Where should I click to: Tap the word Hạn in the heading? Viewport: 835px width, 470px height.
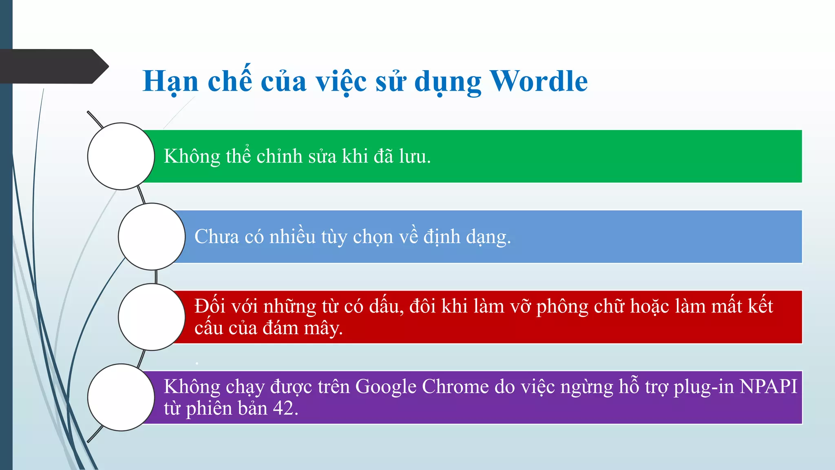[170, 81]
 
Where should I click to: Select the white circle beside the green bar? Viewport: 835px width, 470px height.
[121, 156]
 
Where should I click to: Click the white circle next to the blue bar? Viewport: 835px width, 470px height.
[152, 237]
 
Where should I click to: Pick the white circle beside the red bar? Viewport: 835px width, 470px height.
[152, 317]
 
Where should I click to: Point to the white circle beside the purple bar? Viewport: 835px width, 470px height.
[121, 397]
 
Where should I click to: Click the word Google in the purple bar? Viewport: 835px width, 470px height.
[386, 387]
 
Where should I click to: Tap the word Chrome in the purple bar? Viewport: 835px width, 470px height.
[455, 387]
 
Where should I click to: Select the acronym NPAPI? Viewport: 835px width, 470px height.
[768, 387]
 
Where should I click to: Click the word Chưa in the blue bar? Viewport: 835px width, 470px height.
[216, 237]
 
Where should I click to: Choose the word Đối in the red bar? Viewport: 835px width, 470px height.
[210, 306]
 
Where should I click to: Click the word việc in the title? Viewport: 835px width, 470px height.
[341, 81]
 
